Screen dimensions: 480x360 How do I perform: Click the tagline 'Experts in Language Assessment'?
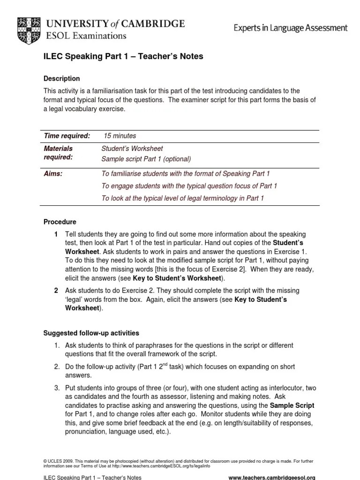pos(291,28)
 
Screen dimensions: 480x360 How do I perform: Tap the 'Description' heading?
pos(61,78)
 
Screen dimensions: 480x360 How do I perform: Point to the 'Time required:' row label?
pos(67,136)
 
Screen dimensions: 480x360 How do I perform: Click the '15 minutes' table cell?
pos(120,136)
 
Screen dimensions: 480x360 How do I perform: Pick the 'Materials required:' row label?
pos(58,153)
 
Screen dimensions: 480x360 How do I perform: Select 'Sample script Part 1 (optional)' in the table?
pos(146,158)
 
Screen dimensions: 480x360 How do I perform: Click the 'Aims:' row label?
pos(53,173)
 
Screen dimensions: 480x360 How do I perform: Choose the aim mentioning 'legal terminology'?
pos(183,198)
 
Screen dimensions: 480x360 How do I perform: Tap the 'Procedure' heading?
pos(60,222)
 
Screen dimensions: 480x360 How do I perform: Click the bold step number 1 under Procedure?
pos(56,234)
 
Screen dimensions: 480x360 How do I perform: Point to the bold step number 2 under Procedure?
pos(56,291)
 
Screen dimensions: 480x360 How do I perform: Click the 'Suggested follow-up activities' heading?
pos(91,333)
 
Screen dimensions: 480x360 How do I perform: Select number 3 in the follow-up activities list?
pos(56,388)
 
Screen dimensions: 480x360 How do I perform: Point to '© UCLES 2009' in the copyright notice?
pos(56,462)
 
